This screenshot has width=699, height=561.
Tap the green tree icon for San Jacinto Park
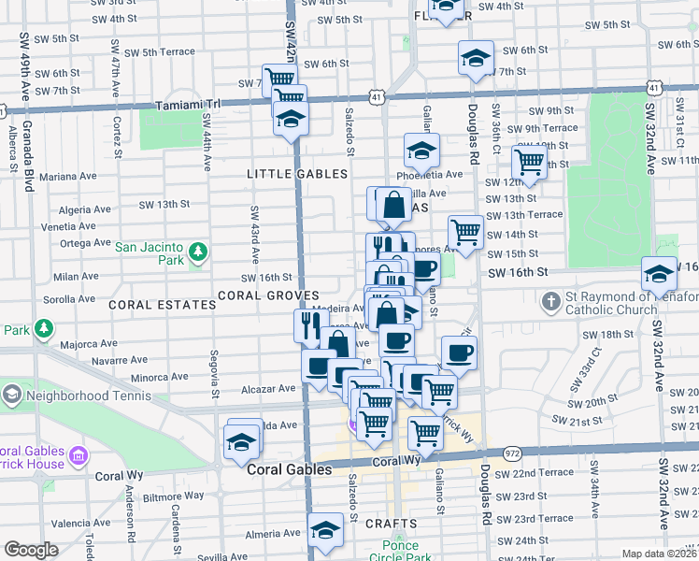tap(197, 252)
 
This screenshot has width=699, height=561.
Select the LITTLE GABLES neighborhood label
tap(297, 175)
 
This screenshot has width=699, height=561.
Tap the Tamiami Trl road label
tap(190, 106)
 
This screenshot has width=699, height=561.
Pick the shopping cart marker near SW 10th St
tap(530, 161)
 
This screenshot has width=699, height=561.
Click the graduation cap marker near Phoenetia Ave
tap(421, 150)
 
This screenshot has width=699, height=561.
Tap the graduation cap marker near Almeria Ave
tap(325, 530)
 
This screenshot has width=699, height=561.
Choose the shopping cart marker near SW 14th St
tap(465, 231)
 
